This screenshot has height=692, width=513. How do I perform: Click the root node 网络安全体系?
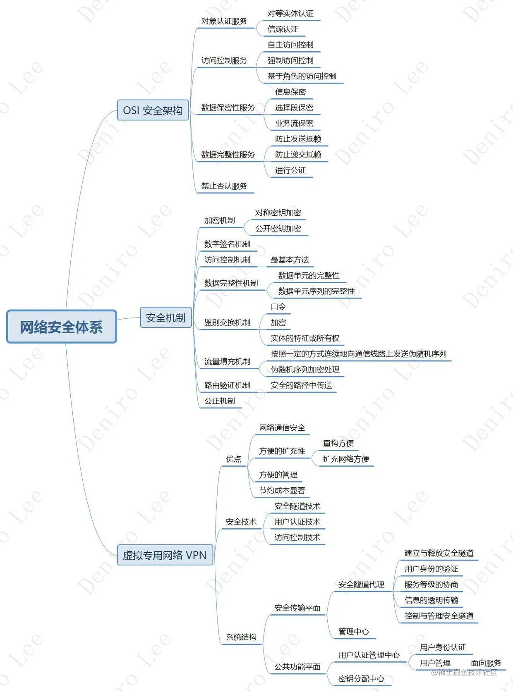pyautogui.click(x=61, y=327)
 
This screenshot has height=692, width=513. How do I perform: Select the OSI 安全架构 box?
pyautogui.click(x=153, y=110)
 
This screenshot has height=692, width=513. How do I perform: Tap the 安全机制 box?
pyautogui.click(x=165, y=317)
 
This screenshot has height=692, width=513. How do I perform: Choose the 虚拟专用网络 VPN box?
pyautogui.click(x=165, y=555)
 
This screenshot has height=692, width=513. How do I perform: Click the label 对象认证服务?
pyautogui.click(x=224, y=21)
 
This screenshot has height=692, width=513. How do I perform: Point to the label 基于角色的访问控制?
pyautogui.click(x=302, y=76)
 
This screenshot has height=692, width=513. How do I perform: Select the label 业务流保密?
pyautogui.click(x=294, y=123)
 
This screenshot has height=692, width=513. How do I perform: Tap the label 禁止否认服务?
pyautogui.click(x=224, y=186)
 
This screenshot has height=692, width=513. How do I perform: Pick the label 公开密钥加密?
pyautogui.click(x=278, y=228)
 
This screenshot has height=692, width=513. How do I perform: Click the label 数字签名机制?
pyautogui.click(x=227, y=244)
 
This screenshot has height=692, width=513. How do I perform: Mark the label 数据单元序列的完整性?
pyautogui.click(x=316, y=291)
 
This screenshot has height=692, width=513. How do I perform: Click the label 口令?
pyautogui.click(x=278, y=307)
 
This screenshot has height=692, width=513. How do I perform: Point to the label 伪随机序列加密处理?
pyautogui.click(x=305, y=370)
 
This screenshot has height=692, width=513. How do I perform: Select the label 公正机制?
pyautogui.click(x=219, y=401)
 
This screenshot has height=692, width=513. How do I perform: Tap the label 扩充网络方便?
pyautogui.click(x=346, y=459)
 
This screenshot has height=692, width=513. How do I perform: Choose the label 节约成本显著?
pyautogui.click(x=282, y=490)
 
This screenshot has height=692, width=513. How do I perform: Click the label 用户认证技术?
pyautogui.click(x=297, y=522)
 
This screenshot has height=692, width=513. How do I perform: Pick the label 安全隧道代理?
pyautogui.click(x=361, y=585)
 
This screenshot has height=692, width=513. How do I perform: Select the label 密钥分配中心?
pyautogui.click(x=361, y=678)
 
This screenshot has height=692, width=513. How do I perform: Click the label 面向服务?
pyautogui.click(x=486, y=663)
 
